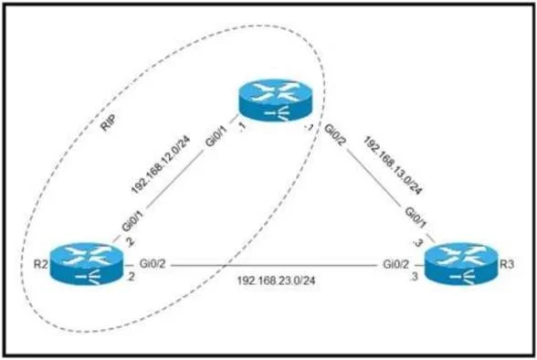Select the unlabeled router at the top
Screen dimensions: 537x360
point(276,101)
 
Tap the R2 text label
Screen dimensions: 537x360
point(40,264)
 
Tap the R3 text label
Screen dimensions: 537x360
point(507,264)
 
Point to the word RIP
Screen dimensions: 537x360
point(109,122)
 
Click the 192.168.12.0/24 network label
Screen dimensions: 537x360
point(161,165)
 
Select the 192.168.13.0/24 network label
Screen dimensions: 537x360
point(393,165)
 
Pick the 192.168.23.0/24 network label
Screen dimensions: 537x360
point(276,281)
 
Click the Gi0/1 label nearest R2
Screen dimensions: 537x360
point(132,221)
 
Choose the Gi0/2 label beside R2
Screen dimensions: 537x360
point(153,264)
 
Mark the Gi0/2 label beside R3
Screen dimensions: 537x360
point(396,264)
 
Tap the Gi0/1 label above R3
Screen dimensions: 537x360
point(416,217)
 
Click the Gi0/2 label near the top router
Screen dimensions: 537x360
point(334,134)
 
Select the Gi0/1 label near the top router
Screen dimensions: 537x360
point(216,136)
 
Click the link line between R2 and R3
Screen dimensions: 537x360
point(274,265)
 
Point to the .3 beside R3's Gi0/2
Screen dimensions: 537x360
point(415,277)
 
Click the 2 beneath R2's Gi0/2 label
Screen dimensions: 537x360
point(131,277)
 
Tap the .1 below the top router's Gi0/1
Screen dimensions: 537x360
point(242,128)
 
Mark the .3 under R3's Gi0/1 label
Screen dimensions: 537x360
point(418,243)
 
